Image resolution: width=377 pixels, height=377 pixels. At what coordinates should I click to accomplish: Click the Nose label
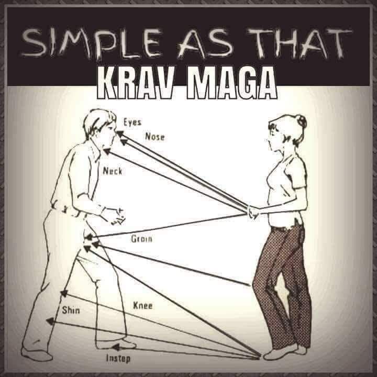155,137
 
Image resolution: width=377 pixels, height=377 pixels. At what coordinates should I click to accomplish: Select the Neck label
113,171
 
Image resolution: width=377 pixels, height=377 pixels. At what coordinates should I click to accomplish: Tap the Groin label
141,239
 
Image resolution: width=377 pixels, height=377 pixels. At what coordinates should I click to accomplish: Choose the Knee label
142,306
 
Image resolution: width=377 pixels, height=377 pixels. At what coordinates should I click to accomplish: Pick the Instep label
118,359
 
